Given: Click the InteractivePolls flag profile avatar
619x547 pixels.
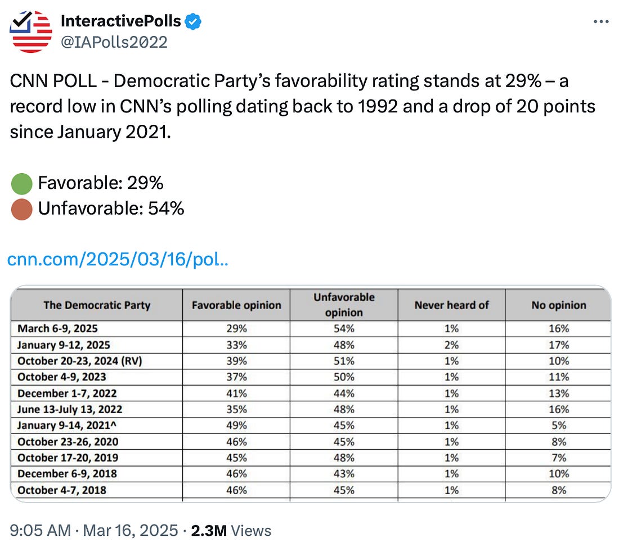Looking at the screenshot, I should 32,31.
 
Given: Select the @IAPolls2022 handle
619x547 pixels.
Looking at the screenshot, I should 114,42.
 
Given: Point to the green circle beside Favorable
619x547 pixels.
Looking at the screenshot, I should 21,183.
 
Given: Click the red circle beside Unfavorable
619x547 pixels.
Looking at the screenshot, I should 21,209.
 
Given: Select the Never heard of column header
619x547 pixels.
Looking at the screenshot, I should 451,305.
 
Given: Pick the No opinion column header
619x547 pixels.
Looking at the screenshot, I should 558,305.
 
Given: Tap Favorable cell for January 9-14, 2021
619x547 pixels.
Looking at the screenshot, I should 236,425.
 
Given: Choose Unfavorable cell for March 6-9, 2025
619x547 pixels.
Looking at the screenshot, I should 343,328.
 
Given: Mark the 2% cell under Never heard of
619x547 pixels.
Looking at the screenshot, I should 451,345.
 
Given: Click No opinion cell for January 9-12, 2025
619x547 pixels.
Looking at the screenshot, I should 558,345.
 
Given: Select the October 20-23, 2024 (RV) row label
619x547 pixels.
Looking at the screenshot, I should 79,361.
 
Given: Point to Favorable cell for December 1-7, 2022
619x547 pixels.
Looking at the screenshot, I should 236,393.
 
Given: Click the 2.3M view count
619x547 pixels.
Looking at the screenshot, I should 208,530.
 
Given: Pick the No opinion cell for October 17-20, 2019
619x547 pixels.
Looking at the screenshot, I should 558,458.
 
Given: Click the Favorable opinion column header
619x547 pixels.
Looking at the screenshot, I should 236,305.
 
